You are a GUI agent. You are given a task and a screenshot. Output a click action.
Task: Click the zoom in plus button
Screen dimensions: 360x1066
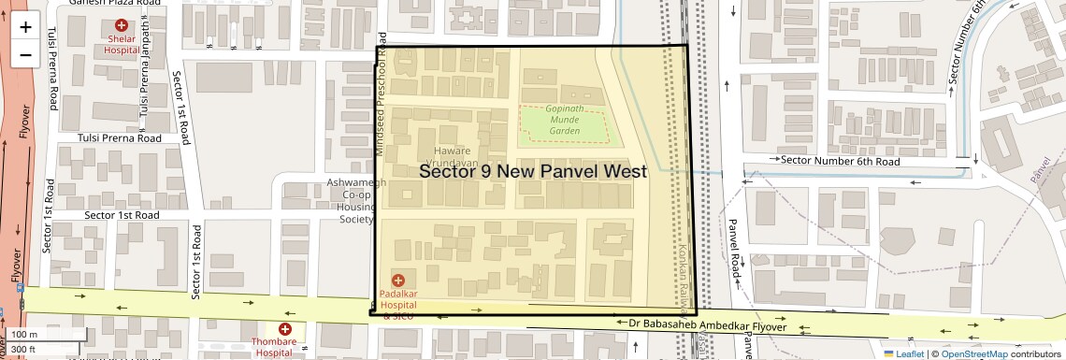[x=25, y=27]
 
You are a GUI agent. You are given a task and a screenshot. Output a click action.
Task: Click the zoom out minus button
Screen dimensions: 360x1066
[x=25, y=55]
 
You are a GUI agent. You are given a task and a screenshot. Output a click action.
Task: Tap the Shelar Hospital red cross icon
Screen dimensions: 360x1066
[x=122, y=25]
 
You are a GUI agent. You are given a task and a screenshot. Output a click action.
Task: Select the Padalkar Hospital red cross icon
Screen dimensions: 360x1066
[x=398, y=280]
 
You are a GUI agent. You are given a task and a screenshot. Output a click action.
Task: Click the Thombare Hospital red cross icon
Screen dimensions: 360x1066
[x=285, y=329]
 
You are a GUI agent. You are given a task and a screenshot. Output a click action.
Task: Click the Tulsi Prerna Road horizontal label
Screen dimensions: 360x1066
[x=109, y=137]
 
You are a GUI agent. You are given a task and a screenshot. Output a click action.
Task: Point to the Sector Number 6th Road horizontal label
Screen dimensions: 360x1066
[x=840, y=161]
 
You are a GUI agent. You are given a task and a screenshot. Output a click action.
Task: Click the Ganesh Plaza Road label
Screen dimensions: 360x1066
[x=108, y=4]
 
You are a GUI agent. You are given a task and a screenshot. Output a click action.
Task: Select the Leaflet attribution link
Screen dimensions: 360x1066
[x=905, y=353]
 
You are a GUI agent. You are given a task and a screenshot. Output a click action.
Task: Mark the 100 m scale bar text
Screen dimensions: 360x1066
[x=25, y=335]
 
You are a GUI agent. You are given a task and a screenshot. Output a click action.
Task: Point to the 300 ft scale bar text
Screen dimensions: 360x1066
[x=23, y=350]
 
